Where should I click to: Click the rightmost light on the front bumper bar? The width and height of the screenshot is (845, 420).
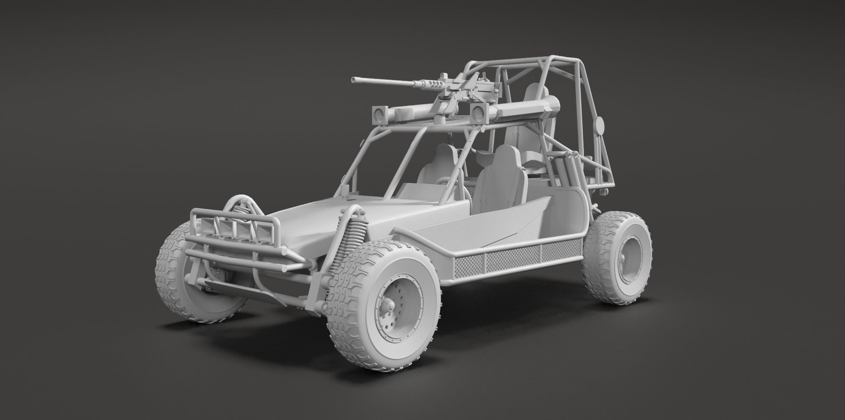tap(265, 232)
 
